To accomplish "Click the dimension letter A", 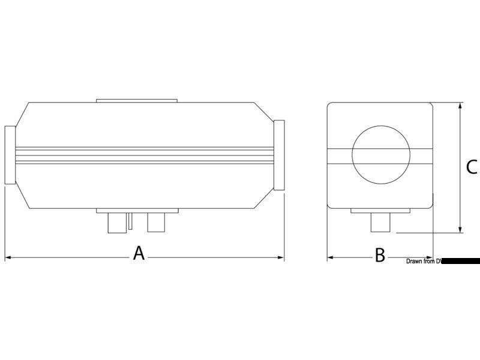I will pyautogui.click(x=139, y=253).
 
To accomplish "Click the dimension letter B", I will pyautogui.click(x=380, y=256).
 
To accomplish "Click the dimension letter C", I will pyautogui.click(x=472, y=167).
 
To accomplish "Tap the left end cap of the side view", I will pyautogui.click(x=10, y=155).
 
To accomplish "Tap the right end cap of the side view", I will pyautogui.click(x=279, y=155).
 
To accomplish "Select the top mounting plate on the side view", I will pyautogui.click(x=137, y=99).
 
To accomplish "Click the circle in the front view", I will pyautogui.click(x=380, y=155).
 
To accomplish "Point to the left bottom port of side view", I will pyautogui.click(x=116, y=223).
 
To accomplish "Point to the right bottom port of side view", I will pyautogui.click(x=157, y=223).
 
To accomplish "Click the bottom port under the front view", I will pyautogui.click(x=380, y=224).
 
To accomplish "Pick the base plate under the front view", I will pyautogui.click(x=380, y=211).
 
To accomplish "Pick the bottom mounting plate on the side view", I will pyautogui.click(x=137, y=211).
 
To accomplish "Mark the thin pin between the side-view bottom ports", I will pyautogui.click(x=130, y=220).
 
